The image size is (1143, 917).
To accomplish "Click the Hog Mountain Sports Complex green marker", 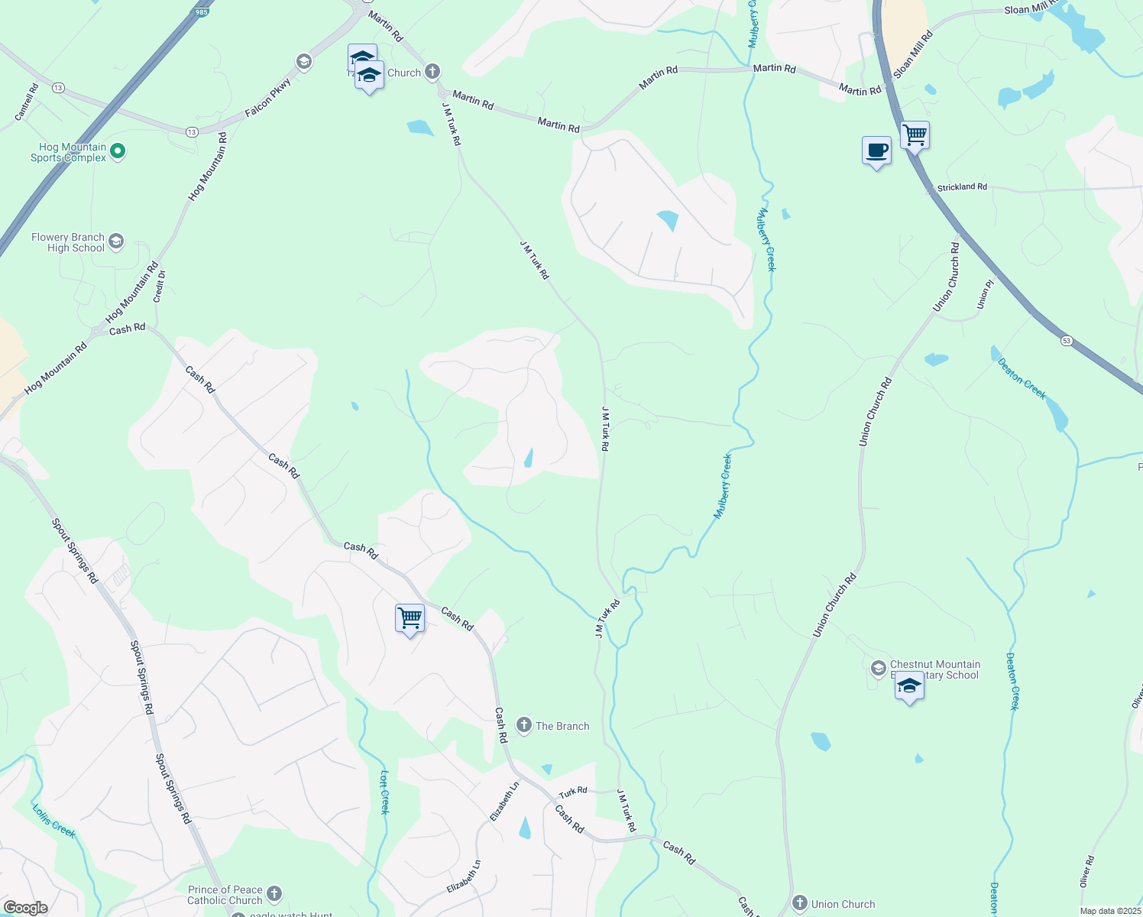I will pyautogui.click(x=118, y=151).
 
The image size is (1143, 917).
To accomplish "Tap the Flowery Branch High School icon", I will pyautogui.click(x=116, y=242).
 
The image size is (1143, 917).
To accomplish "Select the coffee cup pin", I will pyautogui.click(x=876, y=151).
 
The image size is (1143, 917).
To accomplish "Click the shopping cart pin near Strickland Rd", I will pyautogui.click(x=915, y=136).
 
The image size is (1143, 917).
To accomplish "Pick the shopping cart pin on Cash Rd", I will pyautogui.click(x=410, y=618).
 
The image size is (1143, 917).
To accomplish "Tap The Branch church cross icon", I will pyautogui.click(x=524, y=725).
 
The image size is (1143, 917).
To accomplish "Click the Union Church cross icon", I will pyautogui.click(x=800, y=903).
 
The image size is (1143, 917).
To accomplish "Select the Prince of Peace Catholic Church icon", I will pyautogui.click(x=274, y=894).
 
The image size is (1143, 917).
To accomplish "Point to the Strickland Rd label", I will pyautogui.click(x=962, y=187).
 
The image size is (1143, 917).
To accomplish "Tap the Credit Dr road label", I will pyautogui.click(x=160, y=287).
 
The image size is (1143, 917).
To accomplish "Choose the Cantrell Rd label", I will pyautogui.click(x=27, y=102).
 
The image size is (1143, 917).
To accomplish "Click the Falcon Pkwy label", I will pyautogui.click(x=268, y=98).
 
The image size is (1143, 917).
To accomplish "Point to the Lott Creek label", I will pyautogui.click(x=384, y=792).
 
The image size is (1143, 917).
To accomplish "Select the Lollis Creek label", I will pyautogui.click(x=53, y=820).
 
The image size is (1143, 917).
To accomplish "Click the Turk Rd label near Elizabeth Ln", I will pyautogui.click(x=572, y=791).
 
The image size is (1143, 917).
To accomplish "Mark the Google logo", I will pyautogui.click(x=25, y=908).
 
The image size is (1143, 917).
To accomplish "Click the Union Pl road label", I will pyautogui.click(x=985, y=295).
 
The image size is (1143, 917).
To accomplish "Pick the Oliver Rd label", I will pyautogui.click(x=1087, y=871).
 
